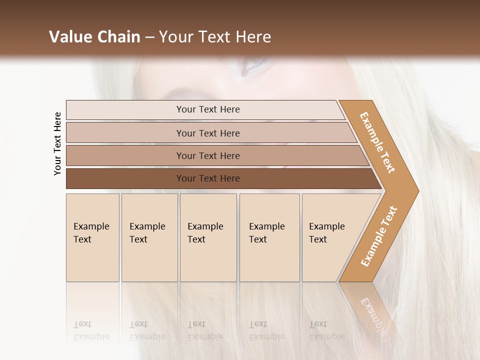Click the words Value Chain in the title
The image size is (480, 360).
(94, 37)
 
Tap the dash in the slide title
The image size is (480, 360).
(149, 37)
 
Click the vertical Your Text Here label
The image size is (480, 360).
(57, 143)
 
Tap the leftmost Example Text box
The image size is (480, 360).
(92, 237)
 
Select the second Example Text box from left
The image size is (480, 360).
(149, 237)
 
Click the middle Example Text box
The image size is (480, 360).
(208, 237)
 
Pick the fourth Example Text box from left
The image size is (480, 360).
(269, 237)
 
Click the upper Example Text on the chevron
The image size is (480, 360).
(377, 142)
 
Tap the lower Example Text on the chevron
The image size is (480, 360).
(379, 236)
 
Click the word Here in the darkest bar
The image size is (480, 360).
(229, 178)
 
